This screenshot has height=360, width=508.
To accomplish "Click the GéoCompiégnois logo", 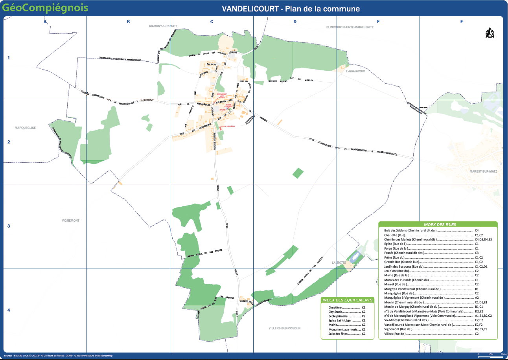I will (x=45, y=8).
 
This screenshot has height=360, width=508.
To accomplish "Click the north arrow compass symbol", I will (x=490, y=33).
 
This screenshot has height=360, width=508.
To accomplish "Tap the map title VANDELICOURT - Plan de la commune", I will (x=291, y=9).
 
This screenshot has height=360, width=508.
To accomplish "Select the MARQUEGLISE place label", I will (x=25, y=128).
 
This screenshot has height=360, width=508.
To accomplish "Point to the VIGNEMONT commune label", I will (x=70, y=220).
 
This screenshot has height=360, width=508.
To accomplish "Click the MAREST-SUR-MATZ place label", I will (x=483, y=171).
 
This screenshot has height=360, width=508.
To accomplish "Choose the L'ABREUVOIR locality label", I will (x=355, y=72).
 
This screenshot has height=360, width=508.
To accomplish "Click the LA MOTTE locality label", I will (x=339, y=263).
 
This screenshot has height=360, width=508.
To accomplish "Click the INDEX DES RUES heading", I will (x=437, y=224).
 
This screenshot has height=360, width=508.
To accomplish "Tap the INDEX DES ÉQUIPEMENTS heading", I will (x=347, y=300).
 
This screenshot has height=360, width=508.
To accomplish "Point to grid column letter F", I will (x=462, y=22).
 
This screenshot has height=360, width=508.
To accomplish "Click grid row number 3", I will (x=9, y=226).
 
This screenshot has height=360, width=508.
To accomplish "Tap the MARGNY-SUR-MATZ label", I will (x=163, y=26).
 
